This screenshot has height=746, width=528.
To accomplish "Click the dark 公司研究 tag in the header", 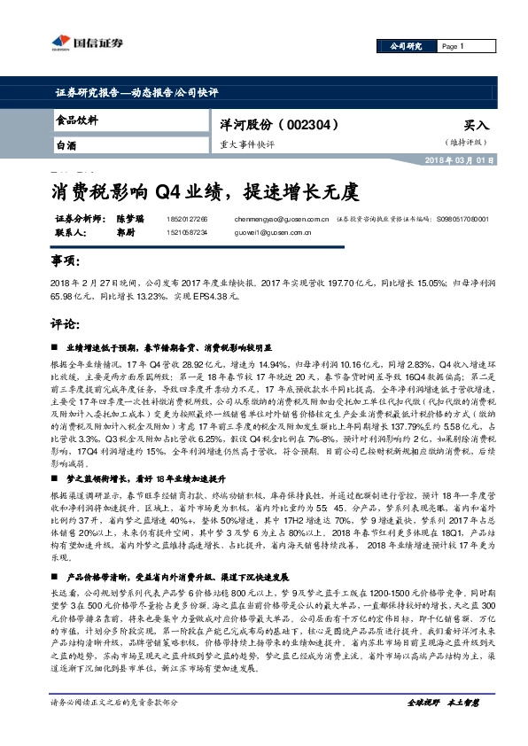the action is (x=408, y=46).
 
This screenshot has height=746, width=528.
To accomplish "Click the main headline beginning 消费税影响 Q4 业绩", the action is (x=204, y=190).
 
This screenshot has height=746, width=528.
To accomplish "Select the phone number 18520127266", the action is (x=184, y=218).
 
